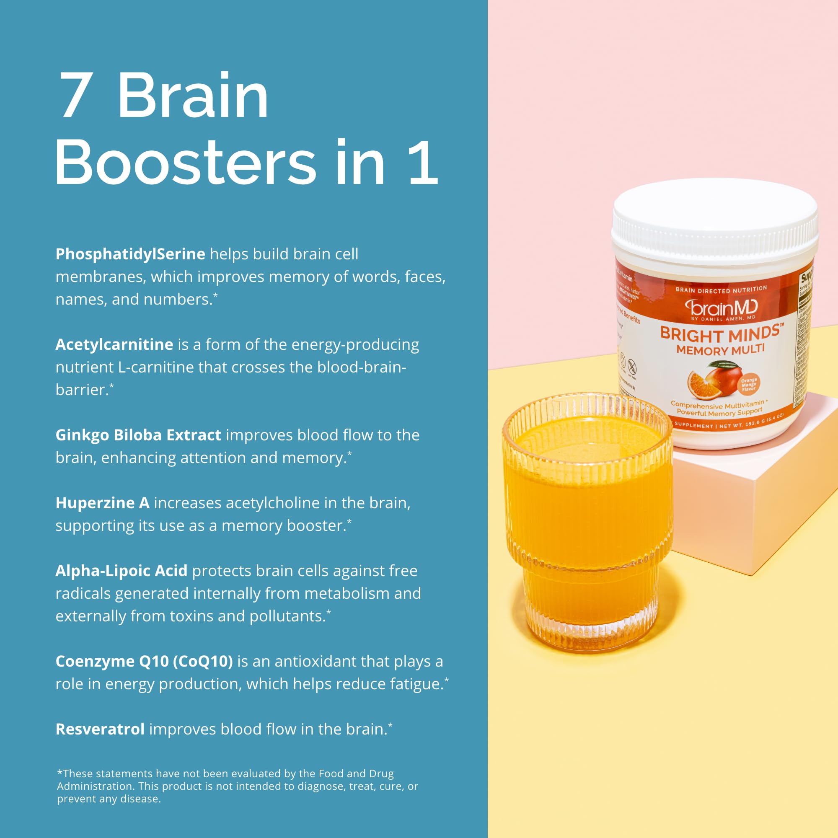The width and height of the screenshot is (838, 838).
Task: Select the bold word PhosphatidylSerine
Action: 130,254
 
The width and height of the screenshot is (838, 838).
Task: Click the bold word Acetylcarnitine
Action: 114,344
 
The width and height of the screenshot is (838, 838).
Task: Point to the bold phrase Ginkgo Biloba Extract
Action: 138,435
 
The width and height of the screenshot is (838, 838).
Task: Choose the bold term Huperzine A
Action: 102,503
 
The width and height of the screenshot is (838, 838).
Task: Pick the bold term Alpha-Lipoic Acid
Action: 122,571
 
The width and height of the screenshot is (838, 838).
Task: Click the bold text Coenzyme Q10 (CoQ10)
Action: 144,661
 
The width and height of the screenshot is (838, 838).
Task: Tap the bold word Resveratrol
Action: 100,729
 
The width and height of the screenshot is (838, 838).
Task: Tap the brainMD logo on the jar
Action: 722,308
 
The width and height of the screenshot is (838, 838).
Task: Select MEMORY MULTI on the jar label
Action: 720,349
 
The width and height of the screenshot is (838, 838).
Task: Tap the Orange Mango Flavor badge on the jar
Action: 749,384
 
